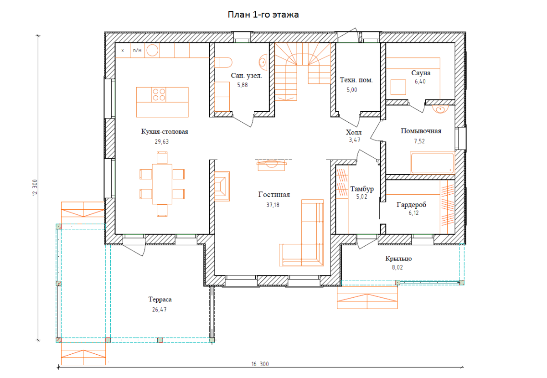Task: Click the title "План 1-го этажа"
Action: pyautogui.click(x=263, y=15)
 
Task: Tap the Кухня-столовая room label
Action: pyautogui.click(x=165, y=131)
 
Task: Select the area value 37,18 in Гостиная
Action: pyautogui.click(x=273, y=205)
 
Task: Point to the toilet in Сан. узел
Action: pyautogui.click(x=223, y=62)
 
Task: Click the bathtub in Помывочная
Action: pyautogui.click(x=432, y=163)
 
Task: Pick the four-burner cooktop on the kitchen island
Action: pyautogui.click(x=159, y=95)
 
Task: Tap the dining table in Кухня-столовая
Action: pyautogui.click(x=162, y=184)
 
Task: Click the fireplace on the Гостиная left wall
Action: pyautogui.click(x=222, y=186)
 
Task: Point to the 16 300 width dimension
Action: pyautogui.click(x=260, y=364)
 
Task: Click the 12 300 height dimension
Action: pyautogui.click(x=35, y=188)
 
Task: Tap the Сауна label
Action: pyautogui.click(x=421, y=73)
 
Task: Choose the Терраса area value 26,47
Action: pyautogui.click(x=159, y=310)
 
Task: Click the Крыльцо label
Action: pyautogui.click(x=398, y=259)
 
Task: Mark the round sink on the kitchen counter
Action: pyautogui.click(x=152, y=50)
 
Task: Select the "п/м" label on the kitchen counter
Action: pyautogui.click(x=137, y=50)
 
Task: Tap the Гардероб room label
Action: pyautogui.click(x=412, y=205)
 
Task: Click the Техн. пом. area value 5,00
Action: pyautogui.click(x=351, y=90)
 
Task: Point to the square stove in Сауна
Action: pyautogui.click(x=398, y=87)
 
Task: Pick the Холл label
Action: pyautogui.click(x=354, y=132)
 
